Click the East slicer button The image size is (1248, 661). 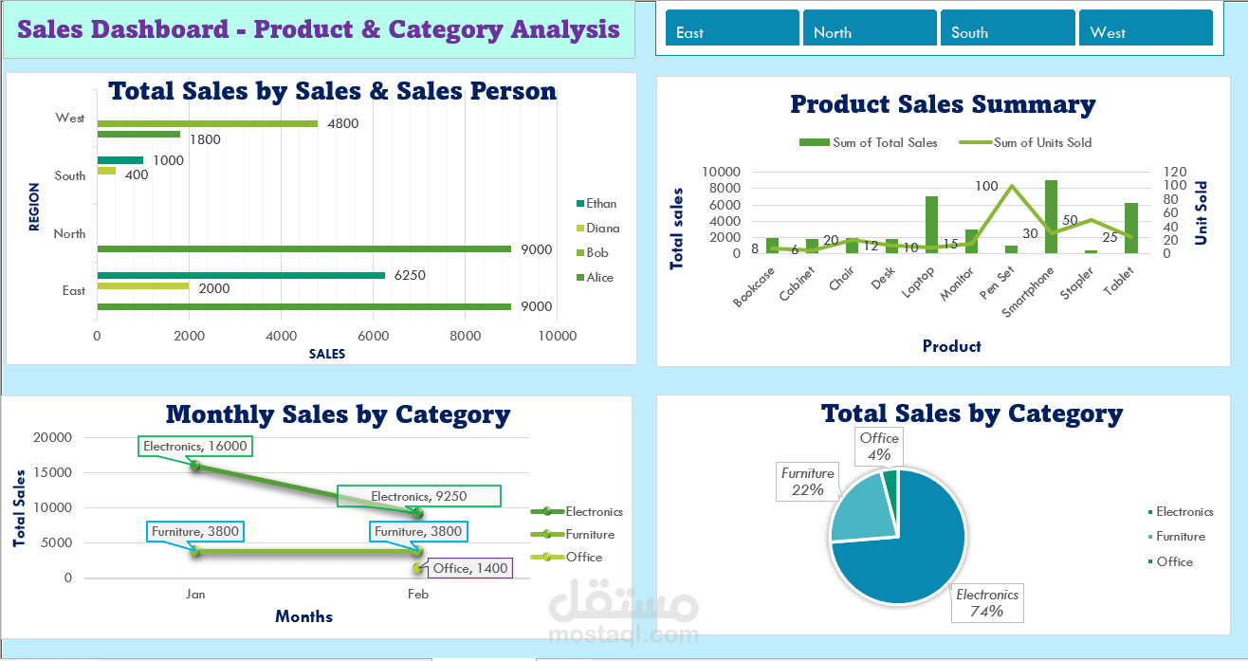click(732, 28)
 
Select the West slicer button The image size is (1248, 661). click(1146, 28)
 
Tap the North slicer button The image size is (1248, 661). click(870, 28)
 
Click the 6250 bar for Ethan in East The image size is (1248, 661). click(241, 275)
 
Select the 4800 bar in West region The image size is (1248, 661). click(207, 123)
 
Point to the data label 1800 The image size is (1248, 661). click(205, 139)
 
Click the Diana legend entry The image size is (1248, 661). click(601, 229)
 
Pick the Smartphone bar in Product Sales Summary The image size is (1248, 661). click(1051, 217)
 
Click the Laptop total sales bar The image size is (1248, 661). click(931, 225)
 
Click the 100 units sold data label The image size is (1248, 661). click(986, 187)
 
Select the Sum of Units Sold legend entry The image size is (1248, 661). click(1041, 143)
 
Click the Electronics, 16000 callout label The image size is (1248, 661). click(195, 446)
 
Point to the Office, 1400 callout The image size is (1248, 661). click(470, 568)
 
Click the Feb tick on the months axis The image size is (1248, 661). click(418, 595)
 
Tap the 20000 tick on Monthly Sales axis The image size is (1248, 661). click(52, 437)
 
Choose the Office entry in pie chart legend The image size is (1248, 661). click(1174, 561)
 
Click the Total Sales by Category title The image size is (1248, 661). click(972, 413)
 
